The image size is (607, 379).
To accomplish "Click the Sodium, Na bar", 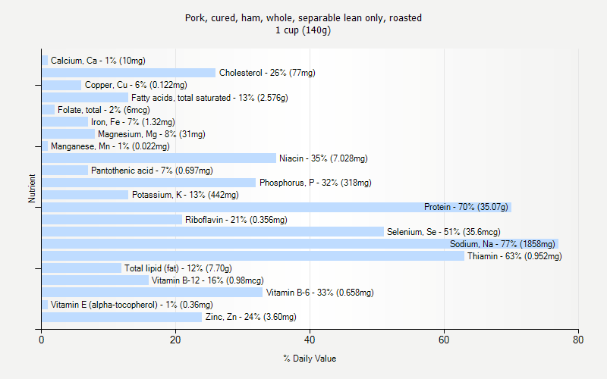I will point(300,243).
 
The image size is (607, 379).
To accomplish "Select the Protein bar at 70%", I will point(276,207).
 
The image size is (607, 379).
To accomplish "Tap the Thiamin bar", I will point(253,255).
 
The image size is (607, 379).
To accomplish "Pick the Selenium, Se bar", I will point(212,231).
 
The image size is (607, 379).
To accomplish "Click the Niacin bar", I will point(159,158).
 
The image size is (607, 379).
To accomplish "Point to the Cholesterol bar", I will point(128,73).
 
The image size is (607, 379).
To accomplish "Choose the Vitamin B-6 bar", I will point(152,292).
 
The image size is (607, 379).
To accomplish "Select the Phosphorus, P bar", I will point(149,183).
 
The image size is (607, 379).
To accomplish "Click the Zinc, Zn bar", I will point(121,316).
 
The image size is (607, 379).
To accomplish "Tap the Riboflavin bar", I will point(112,219).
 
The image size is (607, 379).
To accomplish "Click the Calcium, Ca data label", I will point(98,61).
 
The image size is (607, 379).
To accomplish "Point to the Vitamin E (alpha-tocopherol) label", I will point(131,305).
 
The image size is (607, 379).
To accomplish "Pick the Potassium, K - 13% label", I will point(185,195).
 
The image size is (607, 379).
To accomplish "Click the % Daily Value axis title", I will point(310,359).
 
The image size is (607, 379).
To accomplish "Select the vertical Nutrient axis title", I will point(32,189).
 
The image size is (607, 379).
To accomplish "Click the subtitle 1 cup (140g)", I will point(303,30).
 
